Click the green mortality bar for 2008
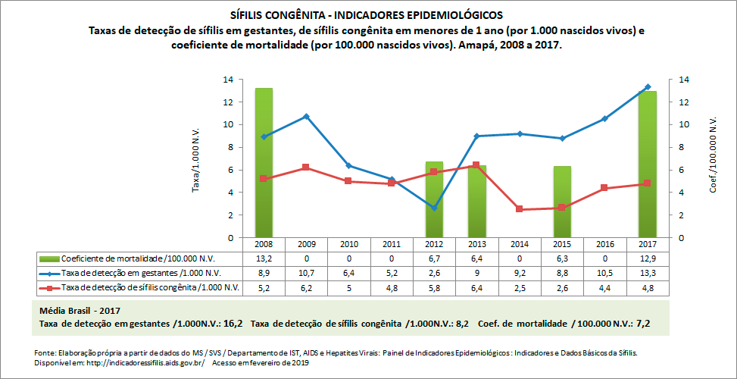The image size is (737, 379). pyautogui.click(x=264, y=162)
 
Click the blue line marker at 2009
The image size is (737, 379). pyautogui.click(x=306, y=116)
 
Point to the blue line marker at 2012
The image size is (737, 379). pyautogui.click(x=434, y=208)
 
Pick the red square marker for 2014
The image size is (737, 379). pyautogui.click(x=520, y=209)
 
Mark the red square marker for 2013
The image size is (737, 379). pyautogui.click(x=476, y=165)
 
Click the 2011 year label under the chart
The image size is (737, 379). pyautogui.click(x=391, y=245)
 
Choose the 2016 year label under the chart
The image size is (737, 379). pyautogui.click(x=604, y=245)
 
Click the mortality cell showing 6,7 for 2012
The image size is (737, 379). pyautogui.click(x=434, y=258)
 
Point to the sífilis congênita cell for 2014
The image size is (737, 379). pyautogui.click(x=520, y=287)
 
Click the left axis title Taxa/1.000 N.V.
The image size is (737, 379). pyautogui.click(x=196, y=158)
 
